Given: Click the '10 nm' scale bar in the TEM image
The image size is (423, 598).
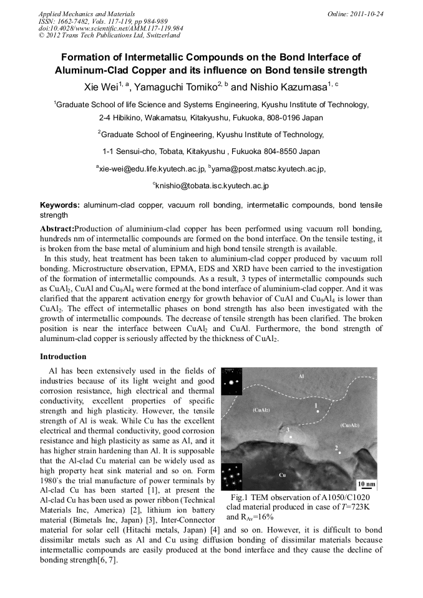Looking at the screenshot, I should tap(366, 485).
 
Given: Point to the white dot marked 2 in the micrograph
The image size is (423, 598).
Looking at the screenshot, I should tap(340, 453).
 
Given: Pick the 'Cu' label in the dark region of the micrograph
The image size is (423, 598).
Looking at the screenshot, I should tap(282, 475).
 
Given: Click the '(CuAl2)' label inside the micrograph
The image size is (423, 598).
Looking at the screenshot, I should tap(261, 410).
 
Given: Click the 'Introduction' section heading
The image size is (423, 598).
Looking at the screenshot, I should tap(63, 357).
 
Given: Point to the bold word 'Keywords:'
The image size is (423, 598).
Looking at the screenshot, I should tap(60, 205).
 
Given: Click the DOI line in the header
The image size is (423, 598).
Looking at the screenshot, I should tap(110, 28).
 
